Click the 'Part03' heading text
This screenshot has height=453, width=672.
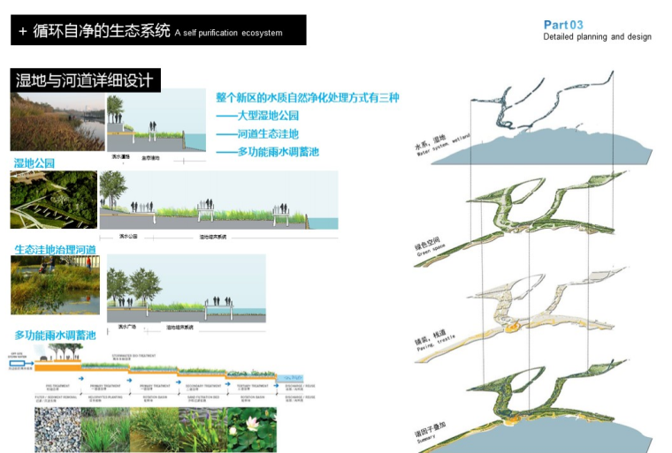563,25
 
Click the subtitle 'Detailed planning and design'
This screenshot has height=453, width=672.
597,37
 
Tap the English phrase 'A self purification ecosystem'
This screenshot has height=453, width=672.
228,34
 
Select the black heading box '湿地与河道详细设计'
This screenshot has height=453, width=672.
85,80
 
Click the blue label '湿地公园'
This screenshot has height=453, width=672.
34,163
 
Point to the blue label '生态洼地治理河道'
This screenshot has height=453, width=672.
55,250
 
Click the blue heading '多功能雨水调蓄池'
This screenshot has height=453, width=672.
55,336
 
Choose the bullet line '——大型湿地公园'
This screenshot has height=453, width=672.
257,116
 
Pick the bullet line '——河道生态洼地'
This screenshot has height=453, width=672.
257,133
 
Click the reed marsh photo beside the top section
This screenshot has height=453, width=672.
57,123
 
